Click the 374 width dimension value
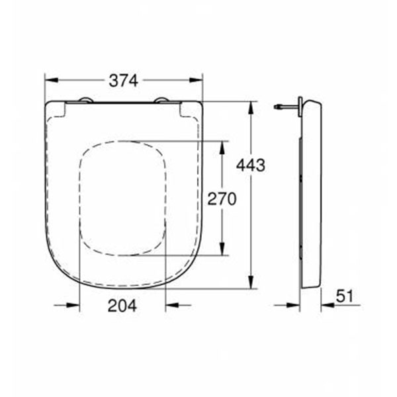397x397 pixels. click(x=123, y=81)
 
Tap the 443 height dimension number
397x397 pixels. click(x=251, y=165)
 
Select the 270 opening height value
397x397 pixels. click(x=222, y=198)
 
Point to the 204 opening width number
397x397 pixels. click(x=122, y=306)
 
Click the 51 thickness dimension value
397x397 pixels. click(x=344, y=296)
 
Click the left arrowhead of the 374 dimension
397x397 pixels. click(x=52, y=80)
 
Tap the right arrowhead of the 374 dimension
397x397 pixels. click(x=197, y=80)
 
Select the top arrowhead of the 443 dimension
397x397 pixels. click(x=251, y=109)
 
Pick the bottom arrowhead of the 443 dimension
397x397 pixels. click(x=251, y=281)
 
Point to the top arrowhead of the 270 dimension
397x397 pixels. click(x=222, y=148)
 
